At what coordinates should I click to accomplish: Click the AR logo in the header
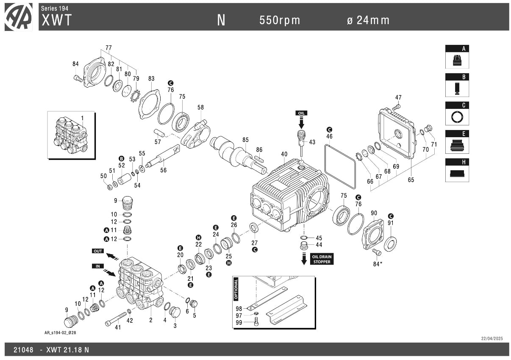tap(19, 17)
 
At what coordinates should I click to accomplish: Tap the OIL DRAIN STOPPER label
tap(322, 259)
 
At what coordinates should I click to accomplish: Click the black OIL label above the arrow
tap(301, 113)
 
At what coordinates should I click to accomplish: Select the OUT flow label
tap(98, 251)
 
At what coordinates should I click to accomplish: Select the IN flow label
tap(98, 266)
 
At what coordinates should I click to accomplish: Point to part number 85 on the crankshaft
tap(245, 140)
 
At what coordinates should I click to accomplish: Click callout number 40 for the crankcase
tap(284, 154)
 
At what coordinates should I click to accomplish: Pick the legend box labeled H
tap(457, 170)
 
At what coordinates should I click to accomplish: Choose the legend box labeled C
tap(457, 113)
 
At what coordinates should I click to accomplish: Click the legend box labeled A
tap(457, 57)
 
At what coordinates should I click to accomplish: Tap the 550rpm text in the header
tap(280, 20)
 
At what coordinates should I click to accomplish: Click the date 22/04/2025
tap(492, 338)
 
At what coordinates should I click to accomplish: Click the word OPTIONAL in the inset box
tap(236, 289)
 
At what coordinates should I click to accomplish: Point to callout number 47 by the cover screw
tap(398, 97)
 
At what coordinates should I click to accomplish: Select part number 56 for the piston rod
tap(163, 170)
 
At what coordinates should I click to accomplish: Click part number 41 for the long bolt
tap(118, 327)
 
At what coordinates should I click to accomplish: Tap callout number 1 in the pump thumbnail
tap(82, 118)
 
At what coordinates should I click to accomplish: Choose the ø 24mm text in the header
tap(368, 20)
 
